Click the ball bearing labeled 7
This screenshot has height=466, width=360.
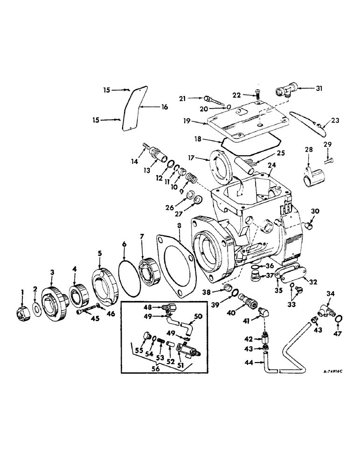tap(150, 273)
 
